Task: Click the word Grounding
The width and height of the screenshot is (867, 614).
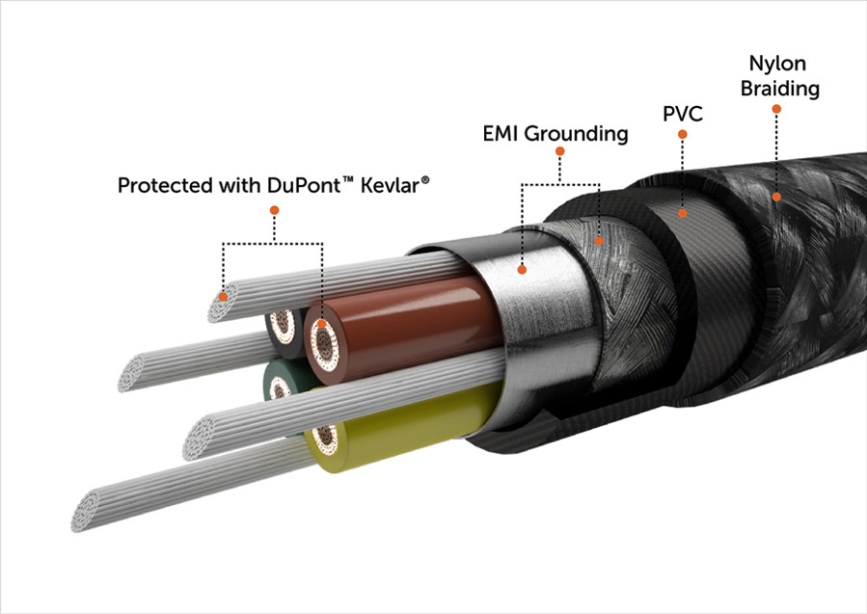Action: pyautogui.click(x=576, y=134)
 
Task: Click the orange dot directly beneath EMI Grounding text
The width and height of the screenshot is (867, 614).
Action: pyautogui.click(x=559, y=151)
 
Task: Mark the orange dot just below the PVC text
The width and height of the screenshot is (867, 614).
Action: pyautogui.click(x=682, y=134)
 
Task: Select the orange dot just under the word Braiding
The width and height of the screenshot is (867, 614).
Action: pyautogui.click(x=776, y=109)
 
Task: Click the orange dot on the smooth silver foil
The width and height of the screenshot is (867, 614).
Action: pyautogui.click(x=522, y=269)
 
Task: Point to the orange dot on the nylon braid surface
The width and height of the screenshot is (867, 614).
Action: pyautogui.click(x=777, y=197)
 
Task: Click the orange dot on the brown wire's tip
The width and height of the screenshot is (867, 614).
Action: pyautogui.click(x=321, y=325)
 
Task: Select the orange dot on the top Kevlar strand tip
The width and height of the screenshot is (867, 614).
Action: pyautogui.click(x=224, y=299)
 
